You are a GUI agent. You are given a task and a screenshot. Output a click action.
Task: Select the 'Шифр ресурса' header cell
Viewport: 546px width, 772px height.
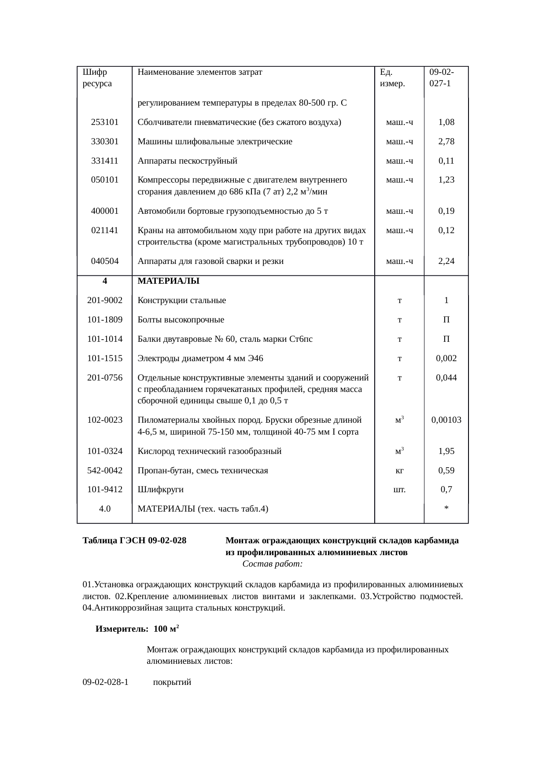(x=97, y=77)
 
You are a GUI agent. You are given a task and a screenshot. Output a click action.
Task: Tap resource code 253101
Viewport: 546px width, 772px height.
(x=104, y=122)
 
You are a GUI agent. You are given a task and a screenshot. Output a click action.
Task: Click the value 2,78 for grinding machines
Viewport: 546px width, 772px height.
(x=446, y=142)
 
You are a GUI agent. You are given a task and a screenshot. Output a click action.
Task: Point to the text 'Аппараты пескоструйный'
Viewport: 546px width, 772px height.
(x=187, y=161)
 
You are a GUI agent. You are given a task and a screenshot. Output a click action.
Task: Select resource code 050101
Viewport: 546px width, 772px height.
(x=104, y=180)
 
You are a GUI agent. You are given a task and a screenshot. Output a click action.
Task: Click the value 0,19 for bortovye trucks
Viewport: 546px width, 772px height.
(x=446, y=211)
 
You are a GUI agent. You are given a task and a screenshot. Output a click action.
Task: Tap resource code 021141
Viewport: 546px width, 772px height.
(x=104, y=230)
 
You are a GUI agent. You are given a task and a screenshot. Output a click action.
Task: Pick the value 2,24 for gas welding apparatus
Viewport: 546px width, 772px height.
(x=446, y=261)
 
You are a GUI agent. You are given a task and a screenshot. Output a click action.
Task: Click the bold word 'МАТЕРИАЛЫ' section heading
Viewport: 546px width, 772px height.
(x=168, y=281)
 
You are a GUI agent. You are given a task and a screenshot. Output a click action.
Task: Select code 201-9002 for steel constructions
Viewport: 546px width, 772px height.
(x=104, y=300)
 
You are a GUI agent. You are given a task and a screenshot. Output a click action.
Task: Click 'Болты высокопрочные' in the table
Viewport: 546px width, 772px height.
(x=181, y=320)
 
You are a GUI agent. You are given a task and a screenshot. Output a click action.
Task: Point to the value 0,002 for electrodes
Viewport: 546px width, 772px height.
(x=446, y=359)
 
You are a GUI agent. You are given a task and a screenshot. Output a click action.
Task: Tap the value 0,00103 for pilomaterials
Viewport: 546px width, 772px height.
(x=446, y=420)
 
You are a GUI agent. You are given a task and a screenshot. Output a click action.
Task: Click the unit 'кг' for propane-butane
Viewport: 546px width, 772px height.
(x=399, y=471)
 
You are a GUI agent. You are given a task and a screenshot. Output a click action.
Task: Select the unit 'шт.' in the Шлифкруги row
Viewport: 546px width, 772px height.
(x=399, y=490)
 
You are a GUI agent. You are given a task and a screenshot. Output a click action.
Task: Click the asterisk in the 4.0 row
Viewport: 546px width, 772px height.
(x=446, y=509)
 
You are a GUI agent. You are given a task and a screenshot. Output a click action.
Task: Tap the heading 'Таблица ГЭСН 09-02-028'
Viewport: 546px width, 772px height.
(x=134, y=541)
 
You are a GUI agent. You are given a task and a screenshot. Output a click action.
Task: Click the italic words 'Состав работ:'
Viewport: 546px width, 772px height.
(x=272, y=564)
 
